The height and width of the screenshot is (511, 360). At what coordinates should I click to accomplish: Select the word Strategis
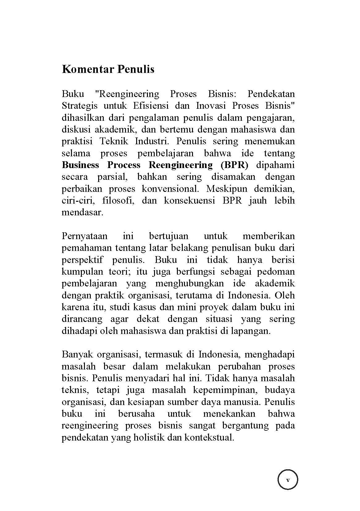(80, 106)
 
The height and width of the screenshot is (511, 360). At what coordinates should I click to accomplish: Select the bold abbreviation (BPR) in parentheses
(234, 165)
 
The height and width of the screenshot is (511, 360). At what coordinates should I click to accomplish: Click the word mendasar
(82, 213)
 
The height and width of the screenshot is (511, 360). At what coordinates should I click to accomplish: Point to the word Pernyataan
(85, 236)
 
